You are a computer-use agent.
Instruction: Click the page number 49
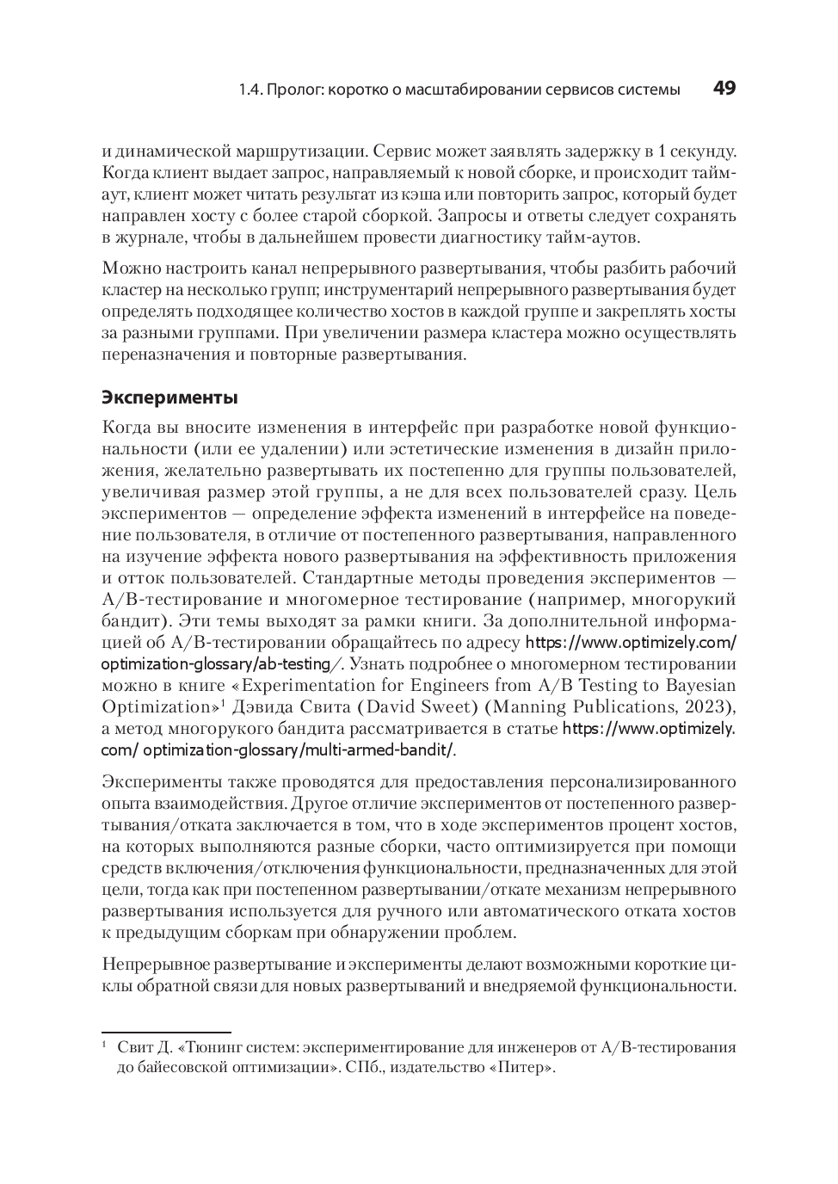point(724,89)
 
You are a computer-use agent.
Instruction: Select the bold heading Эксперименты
point(169,398)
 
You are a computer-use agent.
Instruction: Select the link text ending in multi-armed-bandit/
point(298,749)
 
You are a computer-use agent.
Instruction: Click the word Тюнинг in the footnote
point(195,1048)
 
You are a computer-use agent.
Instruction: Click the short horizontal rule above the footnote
point(166,1032)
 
